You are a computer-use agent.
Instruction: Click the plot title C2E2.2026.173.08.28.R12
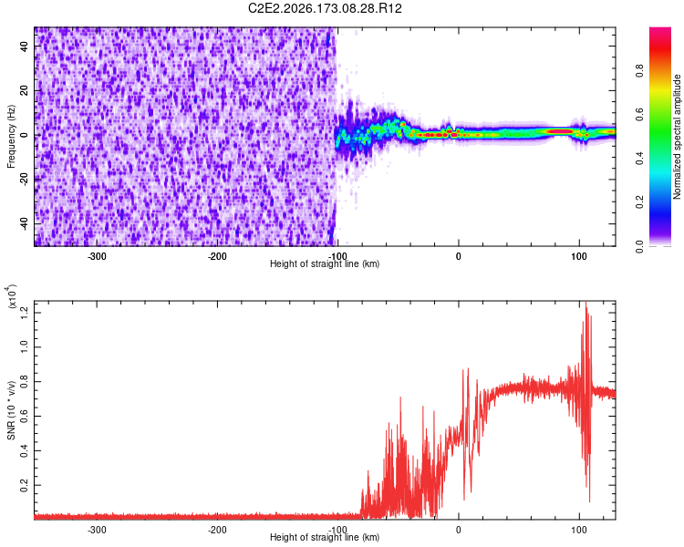click(325, 8)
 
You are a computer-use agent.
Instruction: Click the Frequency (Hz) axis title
click(11, 136)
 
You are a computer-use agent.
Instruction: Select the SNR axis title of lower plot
click(11, 410)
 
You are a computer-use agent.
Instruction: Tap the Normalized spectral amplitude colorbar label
click(677, 137)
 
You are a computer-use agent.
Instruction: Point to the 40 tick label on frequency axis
click(24, 46)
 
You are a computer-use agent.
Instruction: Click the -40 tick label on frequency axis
click(24, 225)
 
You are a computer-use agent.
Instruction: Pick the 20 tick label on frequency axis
click(24, 90)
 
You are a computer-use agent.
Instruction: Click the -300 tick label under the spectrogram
click(97, 256)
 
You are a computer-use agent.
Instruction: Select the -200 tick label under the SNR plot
click(217, 530)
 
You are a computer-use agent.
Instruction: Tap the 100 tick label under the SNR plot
click(579, 530)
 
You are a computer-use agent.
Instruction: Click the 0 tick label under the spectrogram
click(458, 256)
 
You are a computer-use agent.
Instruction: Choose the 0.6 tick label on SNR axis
click(24, 416)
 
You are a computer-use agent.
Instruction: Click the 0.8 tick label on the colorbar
click(639, 70)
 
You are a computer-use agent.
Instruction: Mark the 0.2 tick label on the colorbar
click(639, 202)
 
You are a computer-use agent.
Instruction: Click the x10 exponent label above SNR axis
click(11, 296)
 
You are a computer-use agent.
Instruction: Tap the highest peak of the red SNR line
click(586, 302)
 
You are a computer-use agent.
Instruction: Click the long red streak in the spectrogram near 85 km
click(560, 131)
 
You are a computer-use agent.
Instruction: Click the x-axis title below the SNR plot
click(325, 537)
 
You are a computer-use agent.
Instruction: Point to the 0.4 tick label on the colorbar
click(639, 159)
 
